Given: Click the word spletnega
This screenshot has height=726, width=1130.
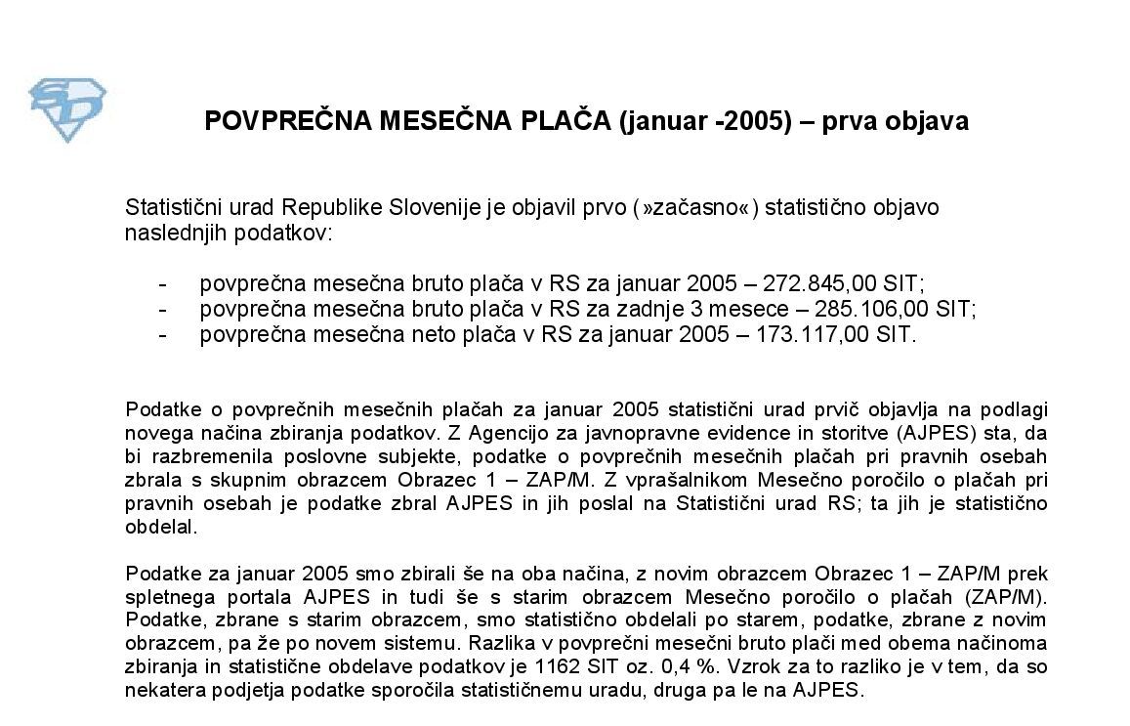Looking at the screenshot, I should [x=165, y=594].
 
